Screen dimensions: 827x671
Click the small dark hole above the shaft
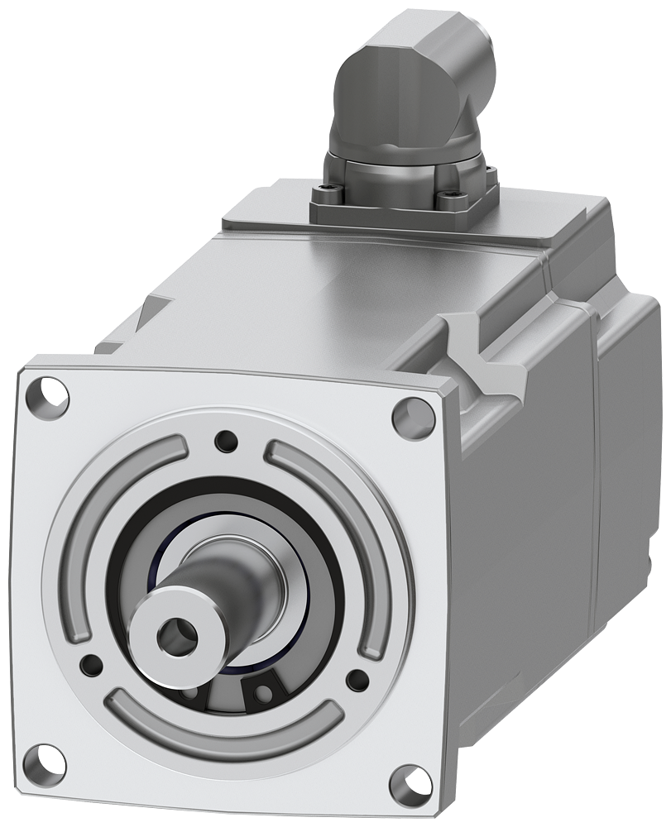coord(225,441)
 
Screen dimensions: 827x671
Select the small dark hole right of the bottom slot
coord(357,681)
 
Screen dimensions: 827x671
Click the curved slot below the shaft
coord(223,724)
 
